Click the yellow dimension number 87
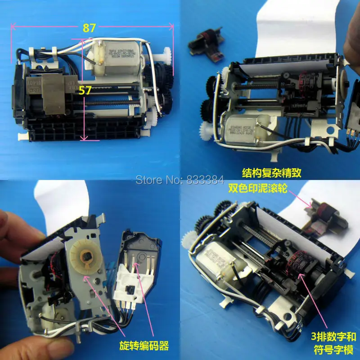pos(89,27)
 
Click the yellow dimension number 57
pos(85,90)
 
